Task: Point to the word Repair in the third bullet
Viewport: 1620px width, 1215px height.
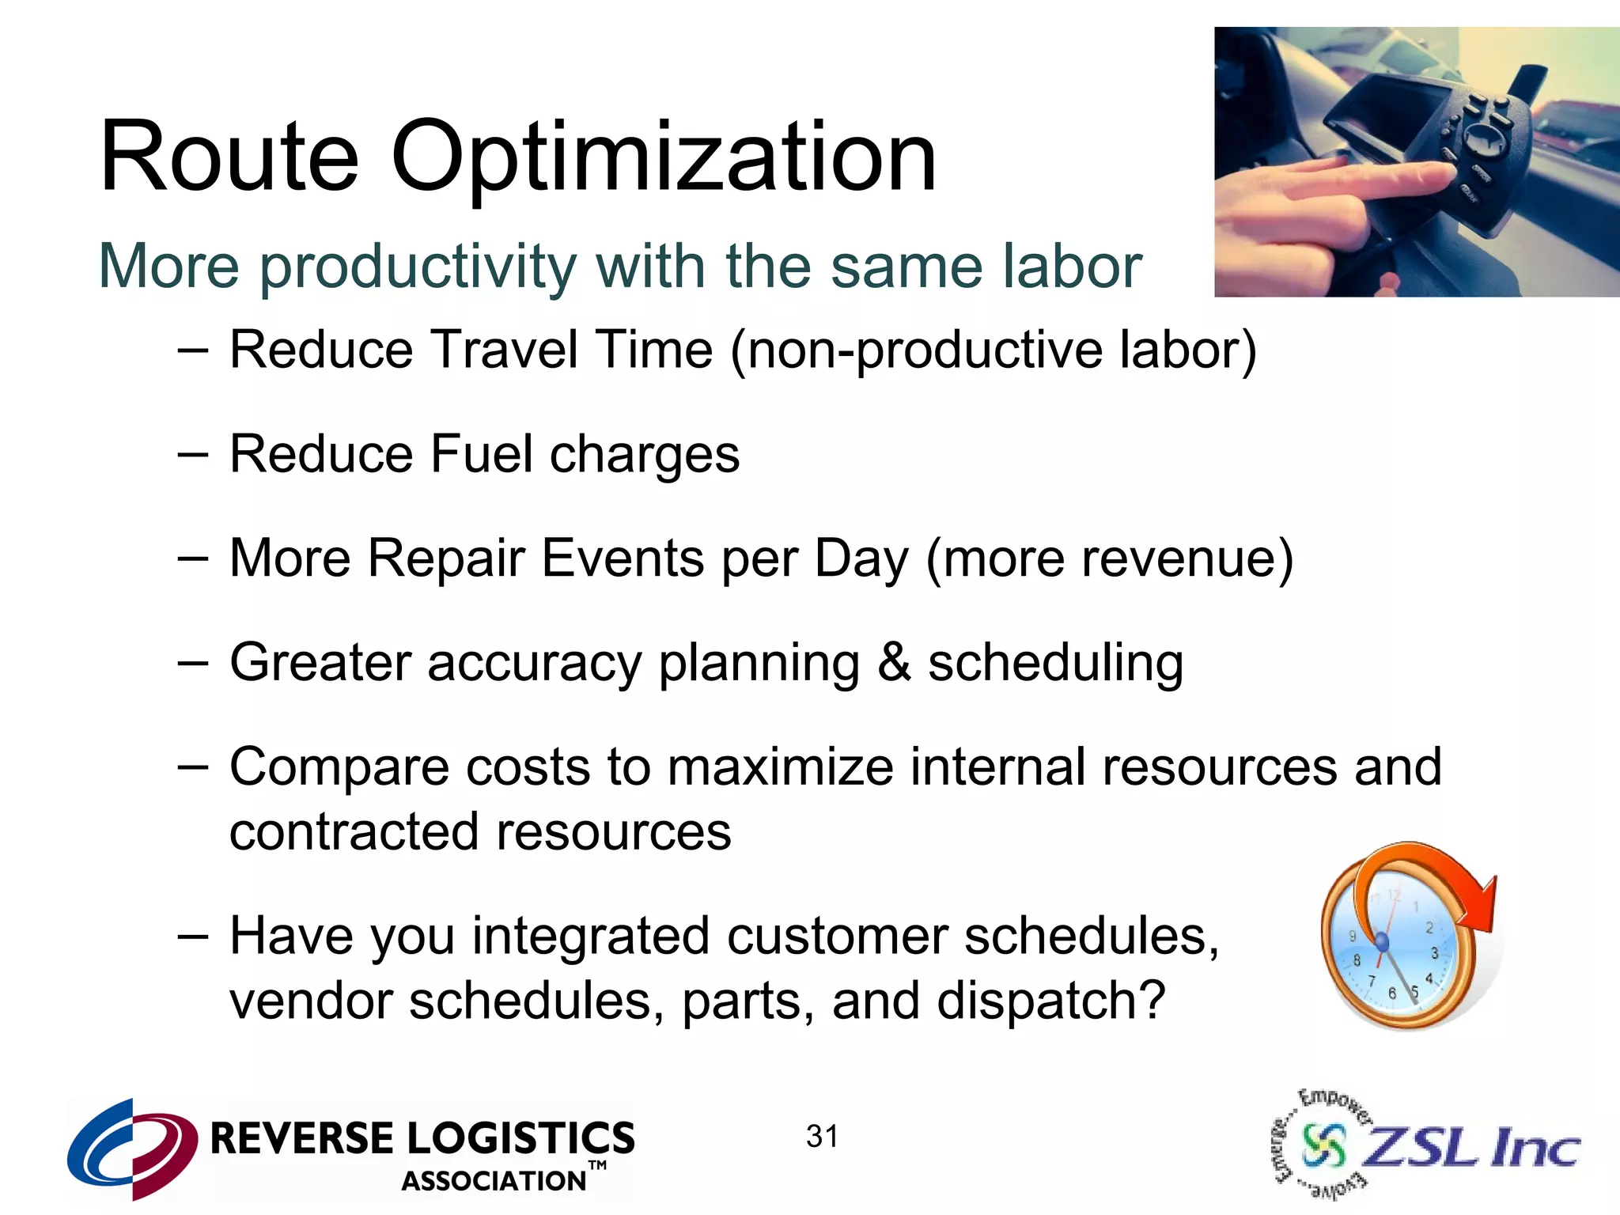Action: click(446, 558)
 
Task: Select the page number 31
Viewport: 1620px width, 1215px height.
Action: click(822, 1137)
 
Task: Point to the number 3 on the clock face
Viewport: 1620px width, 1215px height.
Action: click(1434, 953)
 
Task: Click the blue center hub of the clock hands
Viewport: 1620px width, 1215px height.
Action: click(1382, 941)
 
